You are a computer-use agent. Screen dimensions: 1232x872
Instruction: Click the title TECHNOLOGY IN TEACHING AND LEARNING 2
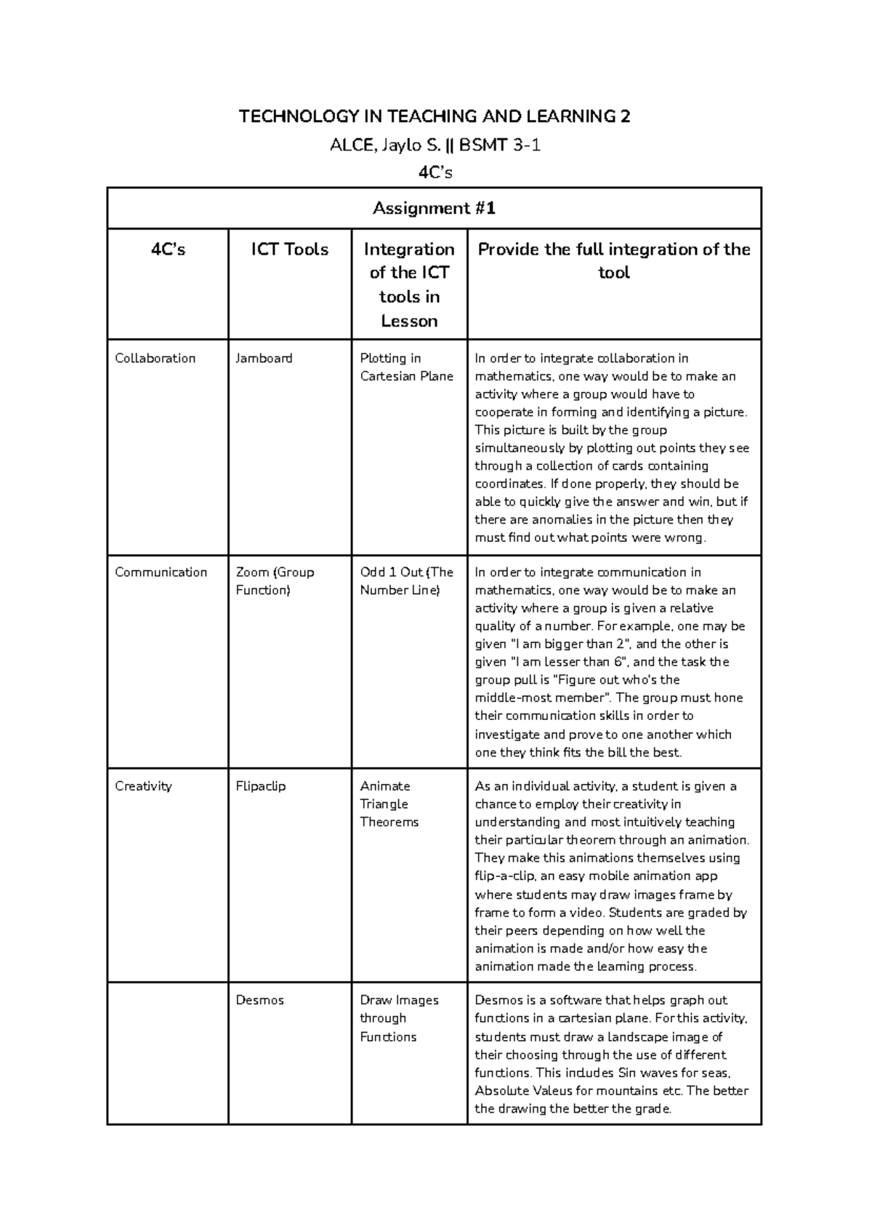click(435, 116)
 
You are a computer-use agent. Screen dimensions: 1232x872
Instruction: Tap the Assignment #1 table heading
click(434, 209)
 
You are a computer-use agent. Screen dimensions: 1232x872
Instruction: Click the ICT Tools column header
click(289, 249)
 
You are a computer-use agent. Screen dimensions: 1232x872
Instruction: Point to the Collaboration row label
click(155, 359)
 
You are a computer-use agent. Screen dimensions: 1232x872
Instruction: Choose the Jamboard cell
click(264, 359)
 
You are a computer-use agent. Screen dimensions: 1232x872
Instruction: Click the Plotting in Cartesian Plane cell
click(406, 367)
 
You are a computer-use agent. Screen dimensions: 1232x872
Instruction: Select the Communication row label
click(161, 572)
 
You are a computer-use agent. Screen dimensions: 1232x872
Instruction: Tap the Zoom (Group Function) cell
click(275, 581)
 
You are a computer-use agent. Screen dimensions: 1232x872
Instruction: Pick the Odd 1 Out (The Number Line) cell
click(406, 581)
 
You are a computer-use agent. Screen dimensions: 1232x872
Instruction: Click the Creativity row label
click(143, 786)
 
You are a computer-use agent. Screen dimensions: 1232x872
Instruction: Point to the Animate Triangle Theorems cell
click(389, 804)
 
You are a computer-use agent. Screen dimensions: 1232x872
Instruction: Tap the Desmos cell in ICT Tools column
click(259, 1000)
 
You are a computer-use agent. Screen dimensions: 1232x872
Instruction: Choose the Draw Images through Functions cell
click(398, 1018)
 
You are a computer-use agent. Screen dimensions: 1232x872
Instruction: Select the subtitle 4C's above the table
click(435, 172)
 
